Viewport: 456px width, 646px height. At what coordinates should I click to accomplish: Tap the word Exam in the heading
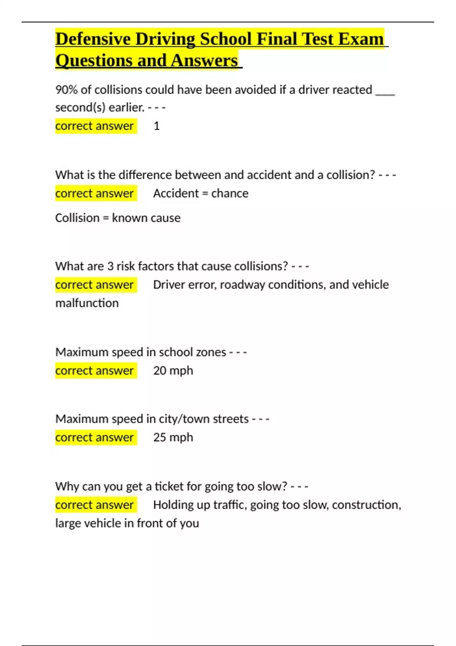point(361,39)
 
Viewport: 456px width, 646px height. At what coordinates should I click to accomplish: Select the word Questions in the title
point(92,60)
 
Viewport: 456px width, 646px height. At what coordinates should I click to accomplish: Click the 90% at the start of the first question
point(66,90)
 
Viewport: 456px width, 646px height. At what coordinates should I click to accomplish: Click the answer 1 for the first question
point(157,126)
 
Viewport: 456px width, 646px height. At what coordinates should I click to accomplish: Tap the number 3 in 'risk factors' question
point(110,266)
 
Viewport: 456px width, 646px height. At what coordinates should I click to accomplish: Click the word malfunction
point(87,303)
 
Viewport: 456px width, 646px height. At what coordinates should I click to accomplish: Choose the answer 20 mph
point(173,370)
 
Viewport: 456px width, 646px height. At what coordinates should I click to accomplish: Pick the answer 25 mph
point(173,437)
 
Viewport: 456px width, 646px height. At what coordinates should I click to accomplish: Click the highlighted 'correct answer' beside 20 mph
point(95,370)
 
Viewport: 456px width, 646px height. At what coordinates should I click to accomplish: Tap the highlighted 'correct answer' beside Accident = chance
point(95,193)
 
